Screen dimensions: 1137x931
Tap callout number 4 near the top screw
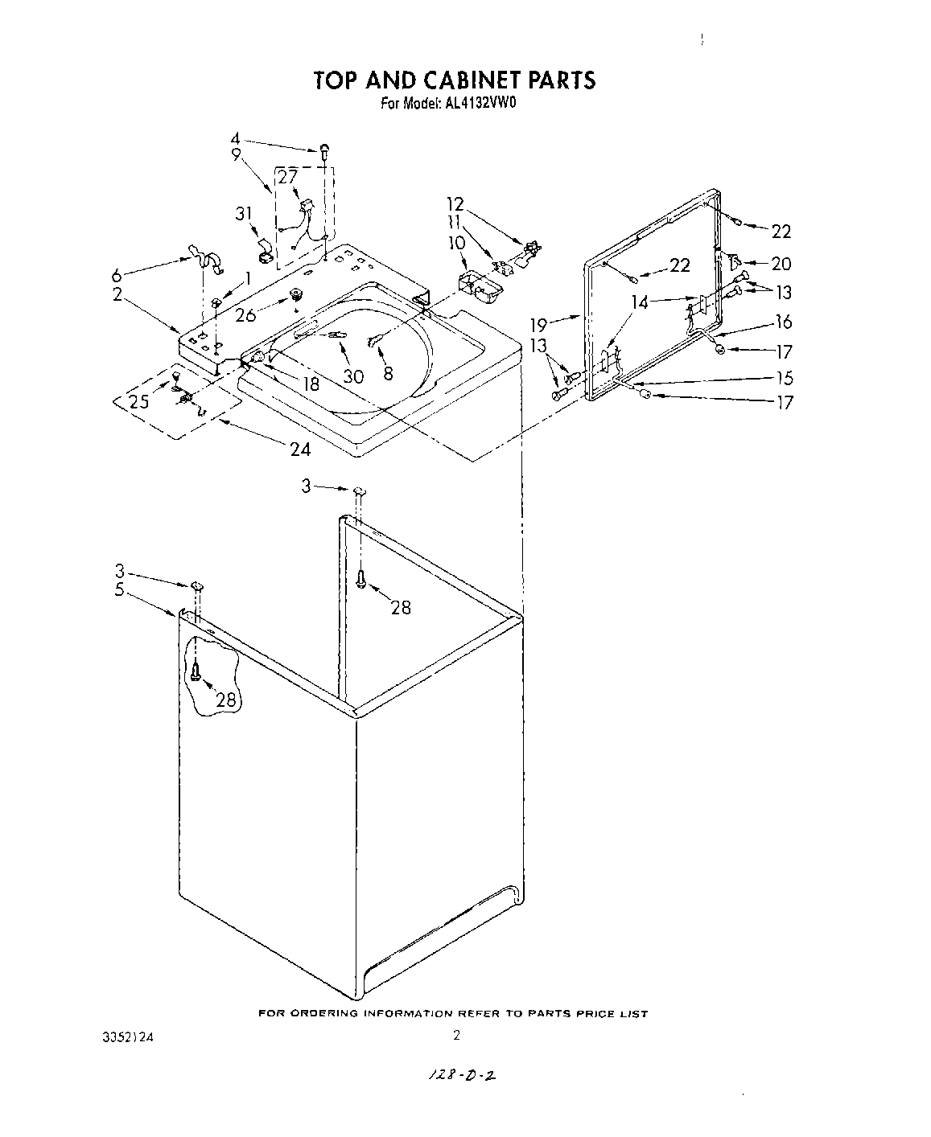(236, 138)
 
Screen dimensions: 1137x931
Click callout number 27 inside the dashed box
(287, 178)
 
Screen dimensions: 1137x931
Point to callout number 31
(244, 214)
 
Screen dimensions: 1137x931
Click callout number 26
(246, 314)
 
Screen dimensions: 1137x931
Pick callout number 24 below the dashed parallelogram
(300, 449)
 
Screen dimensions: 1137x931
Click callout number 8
(388, 373)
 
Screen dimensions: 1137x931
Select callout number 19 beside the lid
(539, 325)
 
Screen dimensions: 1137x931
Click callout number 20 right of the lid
(781, 264)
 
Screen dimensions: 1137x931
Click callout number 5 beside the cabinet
(119, 590)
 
